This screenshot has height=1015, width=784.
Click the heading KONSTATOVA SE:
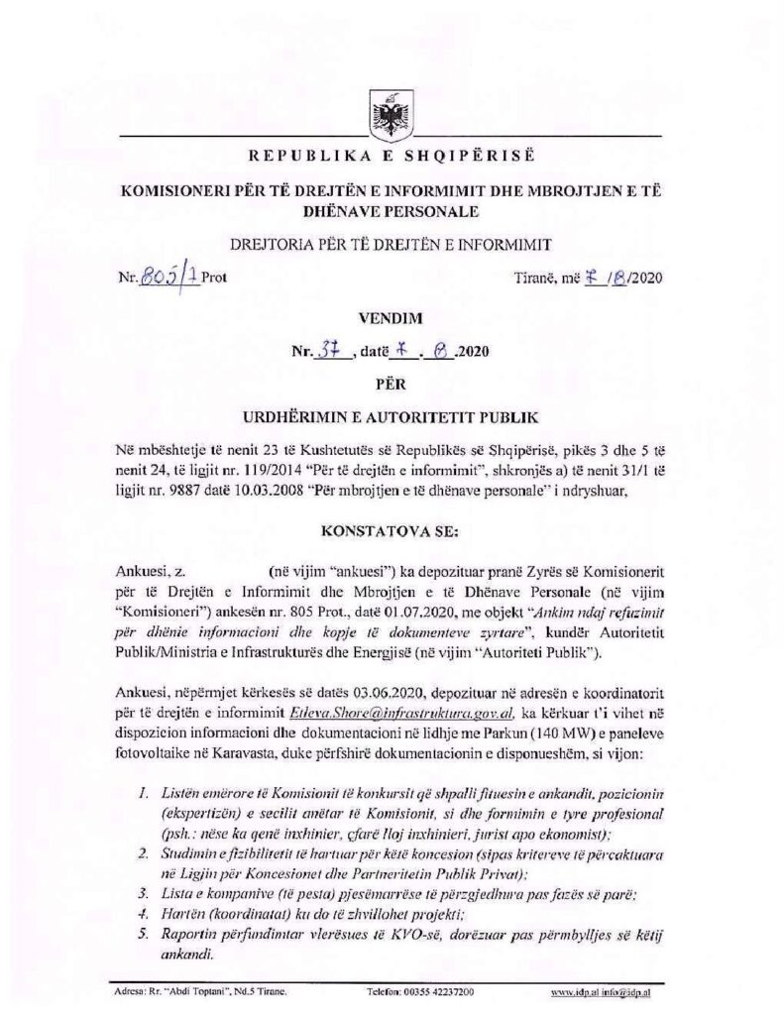[x=392, y=532]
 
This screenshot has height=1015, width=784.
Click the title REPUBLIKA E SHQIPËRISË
[x=392, y=157]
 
